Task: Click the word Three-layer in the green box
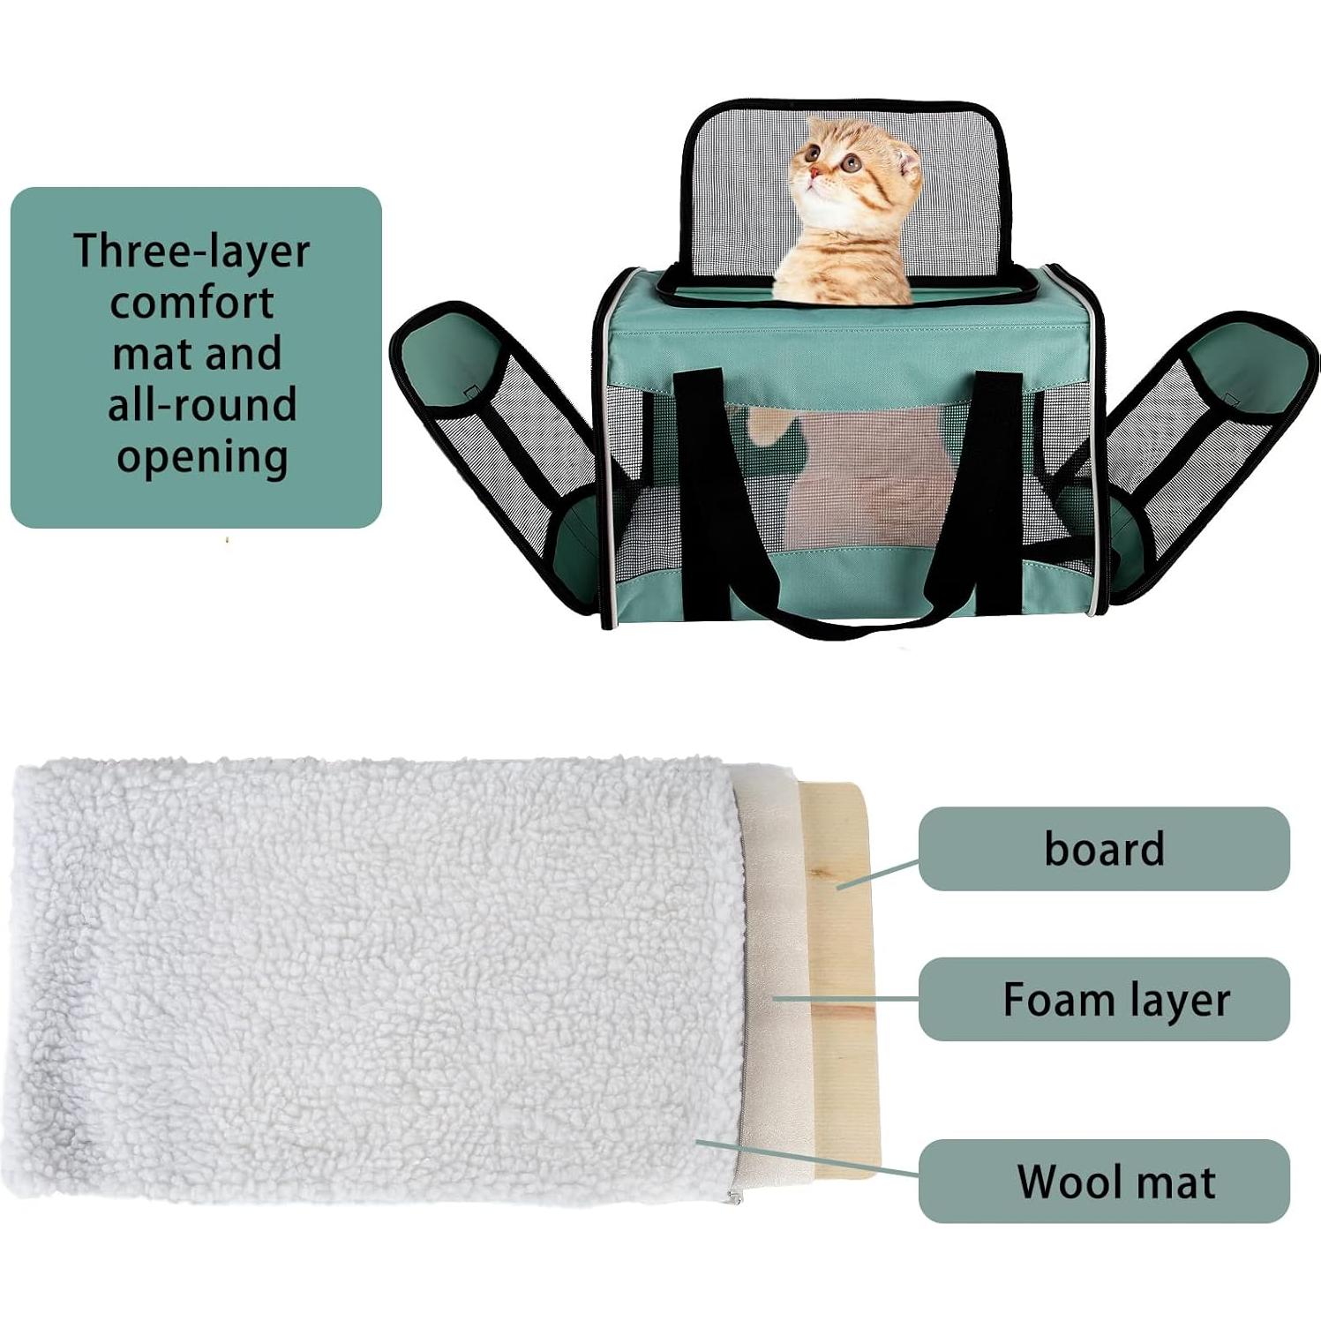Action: pos(191,251)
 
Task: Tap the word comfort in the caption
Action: pos(191,303)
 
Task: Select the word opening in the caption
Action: pos(202,457)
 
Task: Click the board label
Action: pos(1104,849)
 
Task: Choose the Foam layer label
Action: pos(1115,1000)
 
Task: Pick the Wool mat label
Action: pos(1115,1182)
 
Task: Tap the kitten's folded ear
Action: pos(907,163)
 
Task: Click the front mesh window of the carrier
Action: pos(847,477)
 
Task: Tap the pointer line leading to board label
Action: pos(878,874)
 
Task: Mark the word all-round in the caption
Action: pos(202,405)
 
